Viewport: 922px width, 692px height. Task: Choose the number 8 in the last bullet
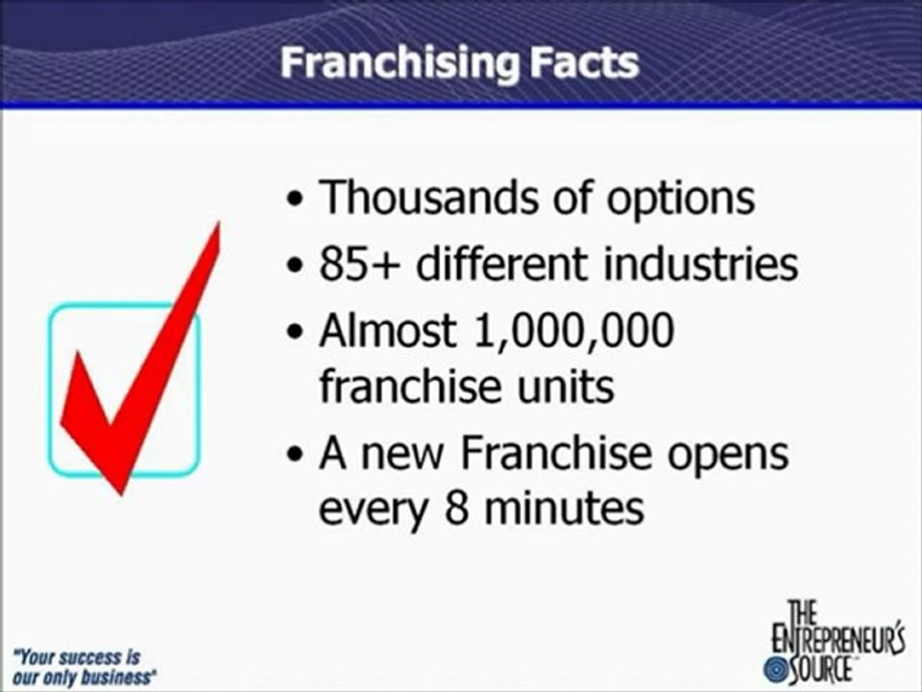[x=455, y=508]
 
